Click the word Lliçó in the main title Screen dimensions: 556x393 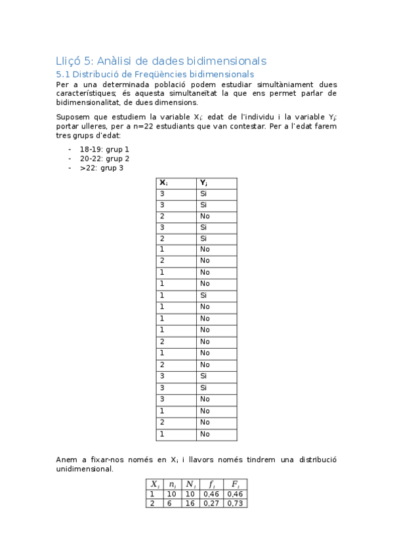pyautogui.click(x=70, y=61)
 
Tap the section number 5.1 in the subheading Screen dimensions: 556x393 pyautogui.click(x=63, y=75)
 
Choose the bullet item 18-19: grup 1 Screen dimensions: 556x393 pyautogui.click(x=104, y=149)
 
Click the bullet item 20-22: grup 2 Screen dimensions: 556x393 pyautogui.click(x=104, y=159)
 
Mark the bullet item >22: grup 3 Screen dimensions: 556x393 pyautogui.click(x=102, y=168)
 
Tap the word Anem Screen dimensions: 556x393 pyautogui.click(x=68, y=460)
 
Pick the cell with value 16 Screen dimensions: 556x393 pyautogui.click(x=188, y=503)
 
